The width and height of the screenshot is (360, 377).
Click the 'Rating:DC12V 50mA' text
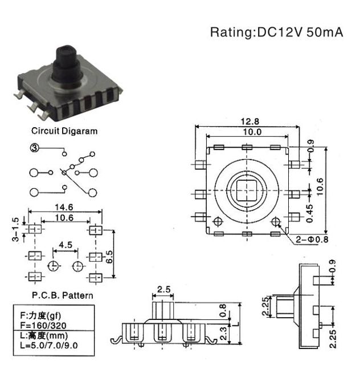(x=276, y=32)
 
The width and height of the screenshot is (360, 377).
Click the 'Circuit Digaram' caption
(x=64, y=131)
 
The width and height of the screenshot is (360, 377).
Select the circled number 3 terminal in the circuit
(x=34, y=148)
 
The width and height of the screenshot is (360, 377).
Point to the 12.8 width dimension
(x=249, y=121)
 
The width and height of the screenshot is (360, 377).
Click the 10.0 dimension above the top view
(x=252, y=132)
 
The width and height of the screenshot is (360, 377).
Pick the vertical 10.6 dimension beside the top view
(x=320, y=187)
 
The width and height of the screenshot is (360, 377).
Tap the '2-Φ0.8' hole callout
(x=312, y=240)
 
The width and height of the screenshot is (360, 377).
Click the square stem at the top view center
(x=247, y=190)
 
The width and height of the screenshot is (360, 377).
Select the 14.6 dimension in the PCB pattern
(x=64, y=207)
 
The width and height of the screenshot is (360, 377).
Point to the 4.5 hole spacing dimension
(x=66, y=245)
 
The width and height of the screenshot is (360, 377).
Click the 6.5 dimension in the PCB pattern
(x=109, y=257)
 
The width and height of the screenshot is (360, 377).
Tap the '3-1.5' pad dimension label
(x=15, y=229)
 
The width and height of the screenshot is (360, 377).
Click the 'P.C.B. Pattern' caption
(x=63, y=295)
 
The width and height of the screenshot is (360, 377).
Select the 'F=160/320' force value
(x=43, y=325)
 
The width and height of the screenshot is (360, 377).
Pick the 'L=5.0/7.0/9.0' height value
(x=49, y=345)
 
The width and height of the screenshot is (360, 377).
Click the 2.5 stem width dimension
(x=164, y=289)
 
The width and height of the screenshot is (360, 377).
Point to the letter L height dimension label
(x=236, y=324)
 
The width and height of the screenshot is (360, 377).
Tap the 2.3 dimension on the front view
(x=223, y=334)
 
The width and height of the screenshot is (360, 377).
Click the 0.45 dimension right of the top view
(x=310, y=213)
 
